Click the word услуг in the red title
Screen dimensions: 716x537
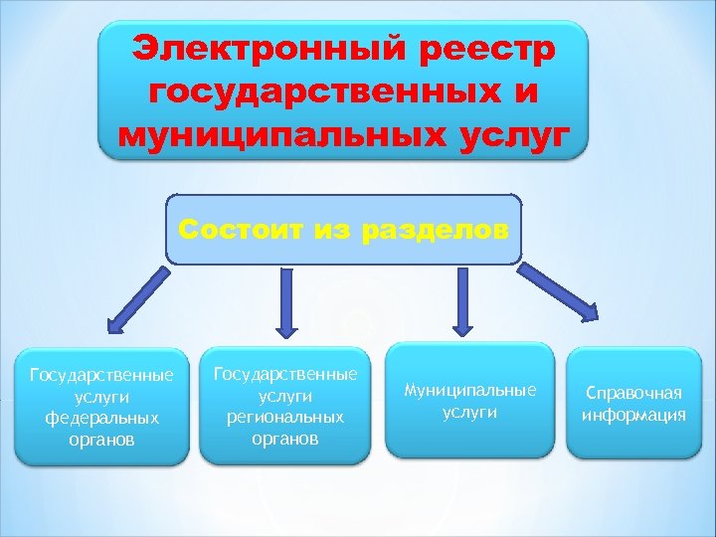(x=505, y=134)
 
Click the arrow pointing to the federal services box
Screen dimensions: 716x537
(x=137, y=297)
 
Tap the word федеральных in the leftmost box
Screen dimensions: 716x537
(x=101, y=417)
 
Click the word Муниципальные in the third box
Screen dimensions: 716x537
(x=470, y=391)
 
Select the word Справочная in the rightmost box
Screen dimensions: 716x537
(x=633, y=393)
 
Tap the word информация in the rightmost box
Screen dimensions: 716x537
(x=633, y=415)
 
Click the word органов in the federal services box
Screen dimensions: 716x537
(x=101, y=439)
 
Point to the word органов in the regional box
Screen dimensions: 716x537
(x=285, y=439)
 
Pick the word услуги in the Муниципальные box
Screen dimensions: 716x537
(x=470, y=413)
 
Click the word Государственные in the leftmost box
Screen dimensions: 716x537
(x=101, y=374)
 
